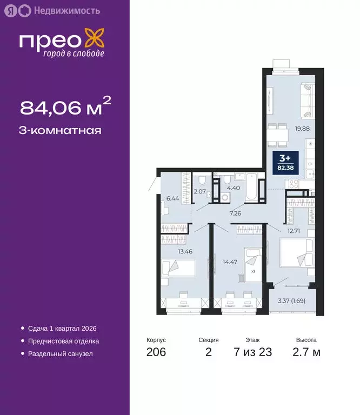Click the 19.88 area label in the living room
coord(303,129)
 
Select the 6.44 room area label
coord(172,199)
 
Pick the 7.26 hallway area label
coord(235,213)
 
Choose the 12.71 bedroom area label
coord(294,231)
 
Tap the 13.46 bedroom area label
coord(185,251)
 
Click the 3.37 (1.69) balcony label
coord(291,300)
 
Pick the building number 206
coord(156,353)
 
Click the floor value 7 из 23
coord(252,353)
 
